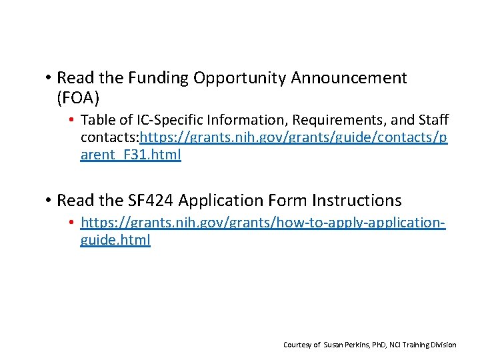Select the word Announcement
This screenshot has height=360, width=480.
(349, 78)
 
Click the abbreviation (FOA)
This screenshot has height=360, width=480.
(78, 98)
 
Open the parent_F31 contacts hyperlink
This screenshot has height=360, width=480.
(293, 138)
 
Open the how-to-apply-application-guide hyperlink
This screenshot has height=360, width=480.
(263, 223)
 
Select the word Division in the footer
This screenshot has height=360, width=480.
(444, 345)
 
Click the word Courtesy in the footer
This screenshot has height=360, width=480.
(297, 345)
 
